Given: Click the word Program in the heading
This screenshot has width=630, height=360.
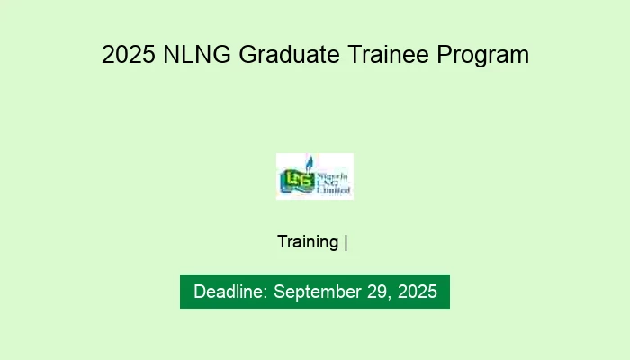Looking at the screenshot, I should coord(482,55).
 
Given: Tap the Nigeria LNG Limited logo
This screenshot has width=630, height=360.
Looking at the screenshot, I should coord(314,176).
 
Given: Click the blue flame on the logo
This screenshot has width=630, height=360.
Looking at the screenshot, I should coord(309,163).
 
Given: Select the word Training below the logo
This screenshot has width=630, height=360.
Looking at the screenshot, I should coord(308,242).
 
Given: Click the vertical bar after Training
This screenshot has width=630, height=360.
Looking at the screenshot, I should coord(346,242).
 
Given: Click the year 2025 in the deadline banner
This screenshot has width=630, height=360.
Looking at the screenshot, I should coord(416,292).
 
